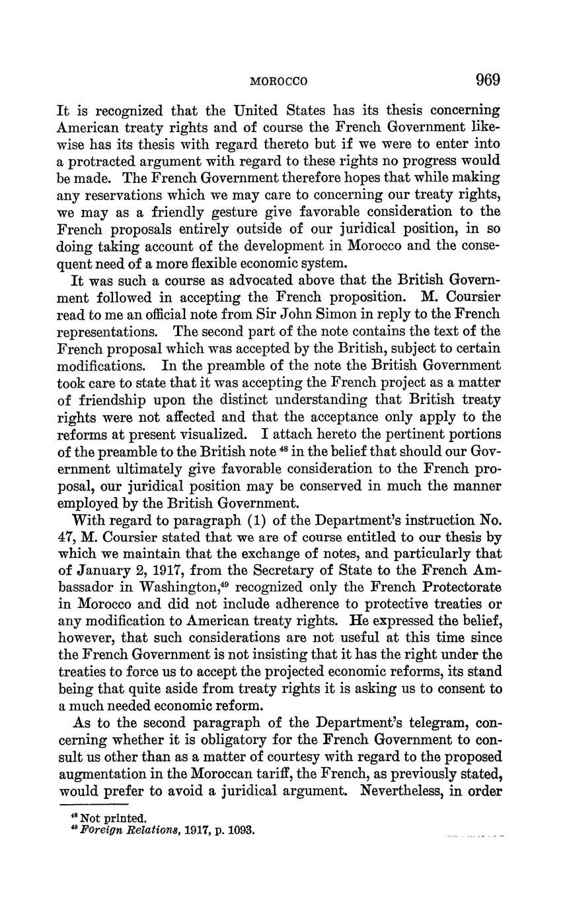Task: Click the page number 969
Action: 487,80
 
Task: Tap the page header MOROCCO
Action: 280,82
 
